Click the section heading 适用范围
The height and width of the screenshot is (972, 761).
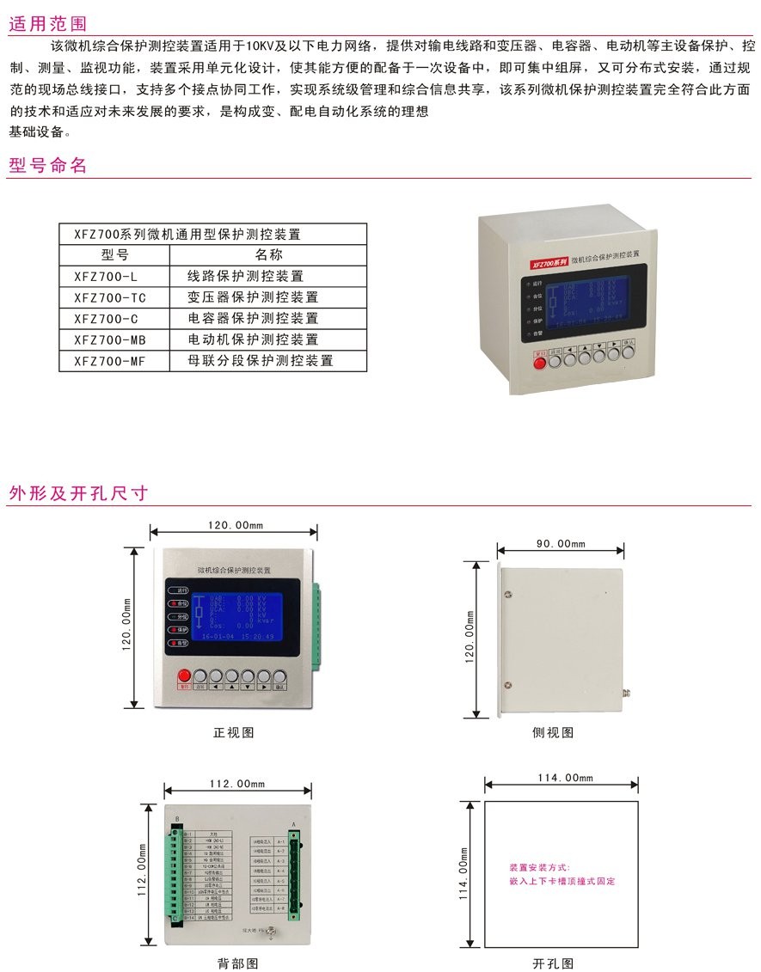pyautogui.click(x=48, y=23)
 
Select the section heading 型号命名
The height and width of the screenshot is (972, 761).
pyautogui.click(x=48, y=166)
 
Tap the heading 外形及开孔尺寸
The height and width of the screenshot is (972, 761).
pyautogui.click(x=78, y=493)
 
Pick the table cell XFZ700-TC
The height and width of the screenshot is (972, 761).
pyautogui.click(x=110, y=297)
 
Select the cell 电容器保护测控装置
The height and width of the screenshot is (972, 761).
pyautogui.click(x=253, y=319)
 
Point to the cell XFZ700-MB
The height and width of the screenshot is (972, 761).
pyautogui.click(x=110, y=340)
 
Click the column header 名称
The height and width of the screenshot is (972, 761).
pyautogui.click(x=268, y=255)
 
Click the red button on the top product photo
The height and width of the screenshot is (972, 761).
pyautogui.click(x=541, y=362)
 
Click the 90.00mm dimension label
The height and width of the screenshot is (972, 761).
pyautogui.click(x=560, y=544)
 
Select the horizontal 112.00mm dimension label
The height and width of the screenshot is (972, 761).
pyautogui.click(x=237, y=784)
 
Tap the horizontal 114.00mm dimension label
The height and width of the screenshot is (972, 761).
pyautogui.click(x=566, y=779)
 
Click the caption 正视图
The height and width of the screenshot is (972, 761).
pyautogui.click(x=234, y=733)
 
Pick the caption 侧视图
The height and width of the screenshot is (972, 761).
pyautogui.click(x=553, y=733)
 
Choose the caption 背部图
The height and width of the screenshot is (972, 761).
pyautogui.click(x=237, y=963)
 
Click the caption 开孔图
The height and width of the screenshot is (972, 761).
pyautogui.click(x=553, y=963)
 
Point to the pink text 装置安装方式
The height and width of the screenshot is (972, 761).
pyautogui.click(x=540, y=868)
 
